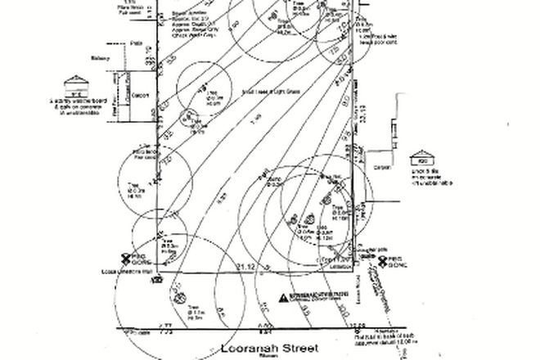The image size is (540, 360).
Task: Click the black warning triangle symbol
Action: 284,298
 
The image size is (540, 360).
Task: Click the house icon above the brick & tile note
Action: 422,155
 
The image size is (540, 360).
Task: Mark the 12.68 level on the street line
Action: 356,325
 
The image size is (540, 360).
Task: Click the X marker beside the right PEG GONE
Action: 381,261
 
